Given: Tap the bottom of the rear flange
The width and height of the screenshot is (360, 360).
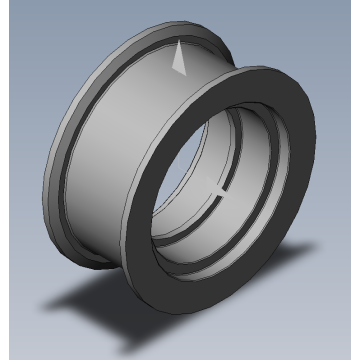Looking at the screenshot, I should [95, 263].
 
